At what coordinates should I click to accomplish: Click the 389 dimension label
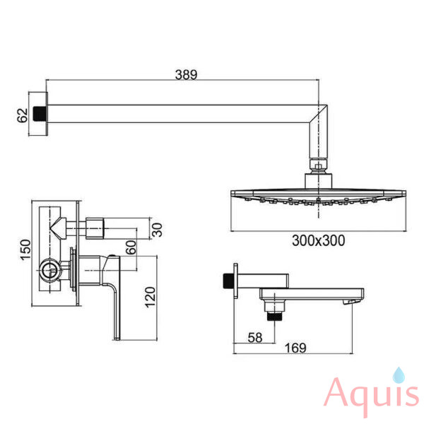186,75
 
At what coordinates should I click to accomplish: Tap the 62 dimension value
23,115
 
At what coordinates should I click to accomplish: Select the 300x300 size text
319,240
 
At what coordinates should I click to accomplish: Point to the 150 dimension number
26,250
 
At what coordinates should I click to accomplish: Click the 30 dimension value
158,230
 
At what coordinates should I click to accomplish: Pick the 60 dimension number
131,247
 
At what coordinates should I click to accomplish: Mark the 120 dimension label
151,298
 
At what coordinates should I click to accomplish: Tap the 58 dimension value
255,338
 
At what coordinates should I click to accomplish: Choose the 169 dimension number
295,348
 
